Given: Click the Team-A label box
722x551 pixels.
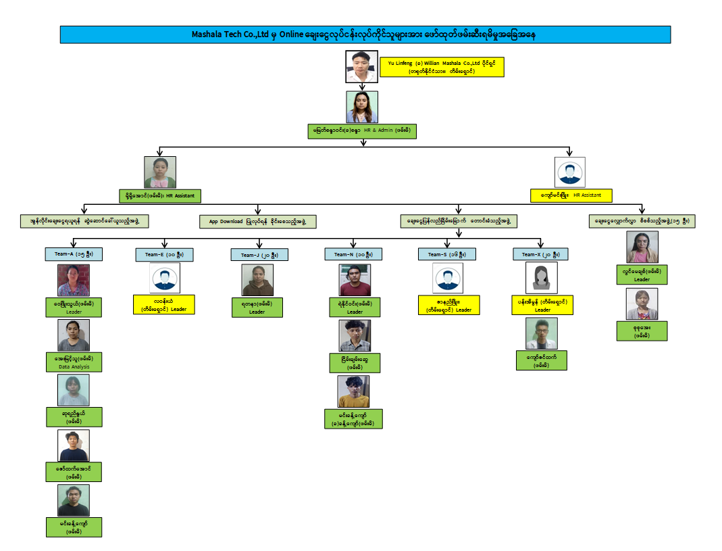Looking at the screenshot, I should click(74, 254).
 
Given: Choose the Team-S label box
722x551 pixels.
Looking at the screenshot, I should click(448, 254).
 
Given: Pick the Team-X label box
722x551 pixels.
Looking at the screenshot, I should click(541, 254).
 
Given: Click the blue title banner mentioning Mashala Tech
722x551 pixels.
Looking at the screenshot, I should click(365, 34).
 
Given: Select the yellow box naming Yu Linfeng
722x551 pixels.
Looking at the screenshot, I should click(442, 66).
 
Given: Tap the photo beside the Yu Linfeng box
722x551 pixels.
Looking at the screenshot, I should click(361, 66).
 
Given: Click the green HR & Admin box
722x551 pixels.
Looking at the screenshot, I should click(361, 131).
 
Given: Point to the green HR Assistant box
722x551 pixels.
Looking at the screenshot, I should click(159, 195).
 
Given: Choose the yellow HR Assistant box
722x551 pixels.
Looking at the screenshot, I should click(571, 195).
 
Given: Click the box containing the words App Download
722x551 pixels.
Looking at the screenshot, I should click(258, 221).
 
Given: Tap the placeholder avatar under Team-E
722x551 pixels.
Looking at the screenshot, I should click(165, 278).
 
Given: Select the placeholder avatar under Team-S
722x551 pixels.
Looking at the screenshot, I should click(448, 278).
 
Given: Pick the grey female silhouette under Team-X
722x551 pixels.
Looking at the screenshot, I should click(541, 278).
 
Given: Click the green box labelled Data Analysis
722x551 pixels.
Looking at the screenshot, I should click(74, 362).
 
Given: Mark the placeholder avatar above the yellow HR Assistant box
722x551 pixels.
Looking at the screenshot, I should click(569, 172).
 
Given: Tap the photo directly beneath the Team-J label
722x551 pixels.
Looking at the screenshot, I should click(257, 280).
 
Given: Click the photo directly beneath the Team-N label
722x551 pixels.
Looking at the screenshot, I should click(355, 280).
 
